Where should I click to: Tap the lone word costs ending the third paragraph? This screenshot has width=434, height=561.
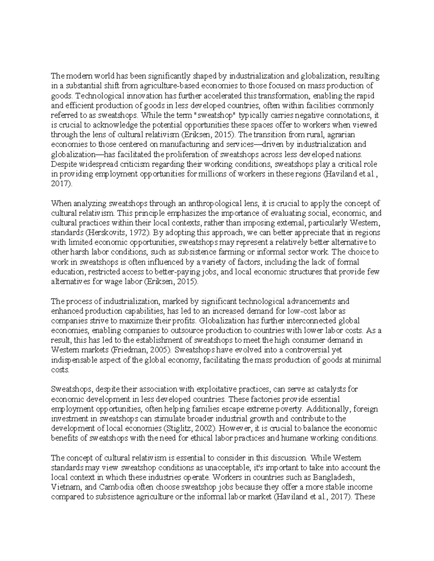[59, 370]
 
